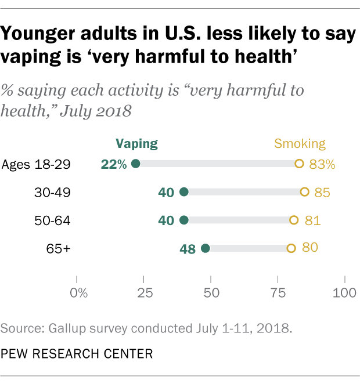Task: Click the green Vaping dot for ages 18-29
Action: pos(136,164)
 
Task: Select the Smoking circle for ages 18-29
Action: pos(299,164)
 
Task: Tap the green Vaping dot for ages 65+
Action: pos(205,248)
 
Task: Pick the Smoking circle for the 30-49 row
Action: pos(304,192)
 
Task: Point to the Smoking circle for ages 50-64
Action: pos(294,220)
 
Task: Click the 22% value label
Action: pos(114,164)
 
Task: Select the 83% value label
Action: pos(322,164)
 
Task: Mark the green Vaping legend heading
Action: pos(136,143)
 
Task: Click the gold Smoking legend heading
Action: pos(300,143)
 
